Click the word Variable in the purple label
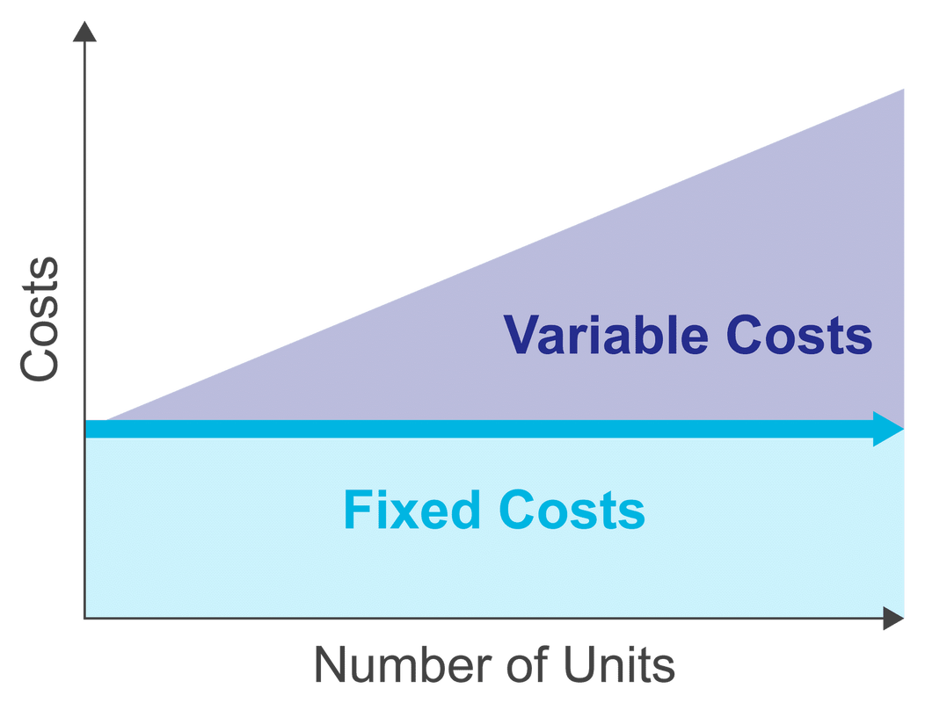point(606,335)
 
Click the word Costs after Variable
point(799,335)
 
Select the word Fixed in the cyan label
point(412,510)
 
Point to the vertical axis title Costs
point(40,319)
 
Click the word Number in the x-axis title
point(403,664)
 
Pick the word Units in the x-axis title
point(619,664)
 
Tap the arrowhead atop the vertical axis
point(84,32)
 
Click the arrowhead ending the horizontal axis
point(893,618)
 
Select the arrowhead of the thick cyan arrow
point(888,429)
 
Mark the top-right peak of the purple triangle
point(904,89)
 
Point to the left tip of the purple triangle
point(105,421)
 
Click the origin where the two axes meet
point(85,618)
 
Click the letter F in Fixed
point(358,510)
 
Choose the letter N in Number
point(330,664)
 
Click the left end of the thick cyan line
point(86,429)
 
